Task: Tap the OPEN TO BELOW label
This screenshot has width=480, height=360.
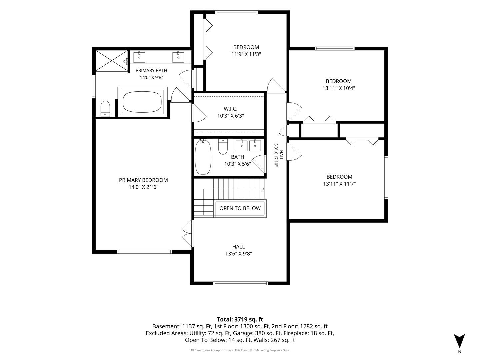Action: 240,208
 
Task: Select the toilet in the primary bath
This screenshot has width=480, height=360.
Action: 105,109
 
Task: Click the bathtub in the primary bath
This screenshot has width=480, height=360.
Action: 142,102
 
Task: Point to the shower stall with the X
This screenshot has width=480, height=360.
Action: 112,61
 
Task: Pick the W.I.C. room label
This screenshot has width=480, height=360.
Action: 230,109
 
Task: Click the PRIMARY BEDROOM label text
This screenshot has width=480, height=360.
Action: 143,180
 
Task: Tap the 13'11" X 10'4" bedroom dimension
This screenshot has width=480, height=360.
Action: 339,88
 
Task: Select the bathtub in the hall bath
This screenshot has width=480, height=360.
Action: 203,157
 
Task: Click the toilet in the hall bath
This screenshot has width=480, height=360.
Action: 223,147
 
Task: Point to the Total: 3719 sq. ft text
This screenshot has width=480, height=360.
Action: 240,320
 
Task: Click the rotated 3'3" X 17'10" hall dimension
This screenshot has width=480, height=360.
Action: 276,155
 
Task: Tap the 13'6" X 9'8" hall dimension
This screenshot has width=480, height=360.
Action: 239,254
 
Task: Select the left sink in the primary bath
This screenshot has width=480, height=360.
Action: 139,57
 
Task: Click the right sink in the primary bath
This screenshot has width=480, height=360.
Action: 178,57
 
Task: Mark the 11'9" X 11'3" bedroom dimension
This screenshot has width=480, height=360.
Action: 246,54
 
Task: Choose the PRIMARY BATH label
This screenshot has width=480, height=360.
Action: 151,70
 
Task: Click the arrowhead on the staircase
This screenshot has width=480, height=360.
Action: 263,189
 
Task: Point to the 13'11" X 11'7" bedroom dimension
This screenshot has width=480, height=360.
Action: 339,184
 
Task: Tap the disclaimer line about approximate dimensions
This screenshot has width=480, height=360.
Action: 240,350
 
